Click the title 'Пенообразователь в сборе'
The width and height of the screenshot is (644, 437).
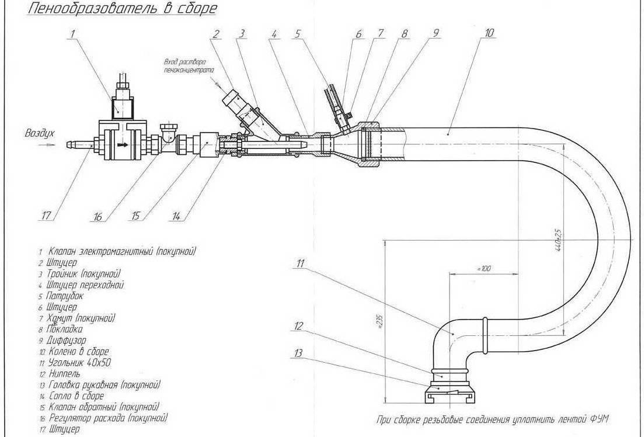(x=113, y=9)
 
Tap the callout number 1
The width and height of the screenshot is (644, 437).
(x=72, y=34)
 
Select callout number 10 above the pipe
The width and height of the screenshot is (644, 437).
(x=489, y=33)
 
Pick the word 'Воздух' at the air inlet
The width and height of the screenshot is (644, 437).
(x=40, y=133)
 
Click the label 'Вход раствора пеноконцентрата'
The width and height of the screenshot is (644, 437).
(x=187, y=65)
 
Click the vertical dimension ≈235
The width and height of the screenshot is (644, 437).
(x=378, y=321)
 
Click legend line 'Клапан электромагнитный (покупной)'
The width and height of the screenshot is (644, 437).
(x=121, y=251)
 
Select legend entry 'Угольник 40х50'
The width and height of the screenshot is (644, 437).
(x=80, y=362)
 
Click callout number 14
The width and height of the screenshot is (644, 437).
(x=177, y=216)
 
